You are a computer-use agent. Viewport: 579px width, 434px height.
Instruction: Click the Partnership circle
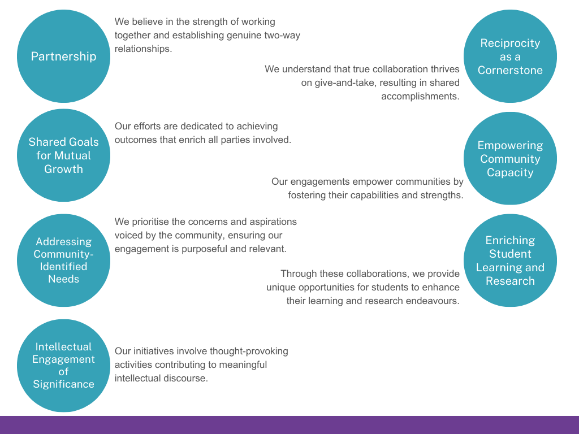63,56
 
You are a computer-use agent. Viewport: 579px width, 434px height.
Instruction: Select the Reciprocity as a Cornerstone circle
510,56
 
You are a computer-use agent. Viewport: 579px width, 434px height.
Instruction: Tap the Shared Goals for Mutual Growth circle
63,155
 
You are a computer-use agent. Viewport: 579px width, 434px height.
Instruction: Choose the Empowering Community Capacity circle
510,158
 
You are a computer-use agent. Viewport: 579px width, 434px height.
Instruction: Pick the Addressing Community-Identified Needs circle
63,260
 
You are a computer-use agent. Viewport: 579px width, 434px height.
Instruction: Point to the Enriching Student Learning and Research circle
510,260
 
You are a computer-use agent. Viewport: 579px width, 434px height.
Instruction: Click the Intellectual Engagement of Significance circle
63,366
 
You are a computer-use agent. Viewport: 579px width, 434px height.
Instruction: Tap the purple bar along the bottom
289,425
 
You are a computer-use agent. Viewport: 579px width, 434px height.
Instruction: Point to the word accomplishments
420,96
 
